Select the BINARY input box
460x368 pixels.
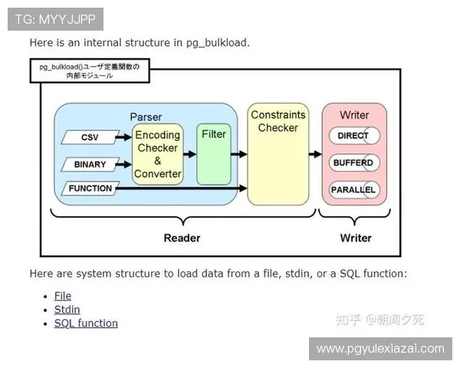pos(90,164)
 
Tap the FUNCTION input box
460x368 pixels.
pos(90,188)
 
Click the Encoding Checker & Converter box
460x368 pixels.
pos(157,154)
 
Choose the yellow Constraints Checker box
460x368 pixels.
pos(278,154)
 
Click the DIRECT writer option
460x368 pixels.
pos(353,136)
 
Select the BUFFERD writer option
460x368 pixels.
pos(353,163)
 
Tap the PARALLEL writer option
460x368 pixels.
pos(353,189)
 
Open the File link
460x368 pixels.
pos(63,296)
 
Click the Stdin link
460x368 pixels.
pos(67,310)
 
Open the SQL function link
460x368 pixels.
pos(86,324)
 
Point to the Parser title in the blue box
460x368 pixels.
pos(146,116)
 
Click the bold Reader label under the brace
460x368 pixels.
pos(182,238)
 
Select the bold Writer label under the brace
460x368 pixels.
pos(356,238)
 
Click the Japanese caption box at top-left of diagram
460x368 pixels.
pos(90,71)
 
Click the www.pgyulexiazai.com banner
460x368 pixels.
pos(380,349)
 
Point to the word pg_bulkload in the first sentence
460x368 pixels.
pos(217,43)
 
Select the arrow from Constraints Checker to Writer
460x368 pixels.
pos(314,154)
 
